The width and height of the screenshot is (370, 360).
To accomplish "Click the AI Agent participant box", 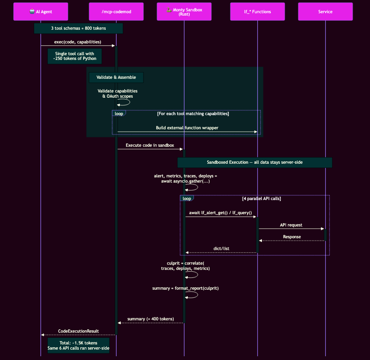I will coord(41,12).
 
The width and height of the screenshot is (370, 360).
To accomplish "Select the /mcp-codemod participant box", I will coord(116,12).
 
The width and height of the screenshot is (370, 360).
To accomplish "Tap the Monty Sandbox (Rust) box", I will coord(184,12).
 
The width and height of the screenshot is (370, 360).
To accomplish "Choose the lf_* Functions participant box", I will coord(258,12).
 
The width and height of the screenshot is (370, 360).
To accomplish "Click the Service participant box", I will coord(325,12).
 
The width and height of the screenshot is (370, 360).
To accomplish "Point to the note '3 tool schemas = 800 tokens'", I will coord(78,28).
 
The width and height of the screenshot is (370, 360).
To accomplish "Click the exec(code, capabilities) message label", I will coord(77,42).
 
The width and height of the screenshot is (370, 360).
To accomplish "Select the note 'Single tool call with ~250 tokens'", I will coord(75,56).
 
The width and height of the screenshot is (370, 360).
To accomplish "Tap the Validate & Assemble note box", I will coord(116,77).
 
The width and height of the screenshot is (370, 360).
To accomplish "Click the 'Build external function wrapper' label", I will coord(187,128).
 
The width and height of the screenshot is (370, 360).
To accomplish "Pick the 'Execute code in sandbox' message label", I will coord(150,145).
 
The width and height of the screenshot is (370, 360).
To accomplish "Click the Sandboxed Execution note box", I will coord(255,162).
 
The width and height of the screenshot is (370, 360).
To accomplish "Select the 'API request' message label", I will coord(291,225).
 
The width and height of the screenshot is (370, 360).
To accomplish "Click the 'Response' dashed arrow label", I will coord(292,236).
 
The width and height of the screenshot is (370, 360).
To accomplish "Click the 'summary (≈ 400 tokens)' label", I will coord(151,319).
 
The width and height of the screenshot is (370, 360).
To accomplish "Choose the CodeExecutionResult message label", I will coord(78,331).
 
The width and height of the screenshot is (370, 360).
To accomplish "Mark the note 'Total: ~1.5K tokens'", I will coord(78,345).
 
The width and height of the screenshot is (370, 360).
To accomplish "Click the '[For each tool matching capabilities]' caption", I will coord(193,114).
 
